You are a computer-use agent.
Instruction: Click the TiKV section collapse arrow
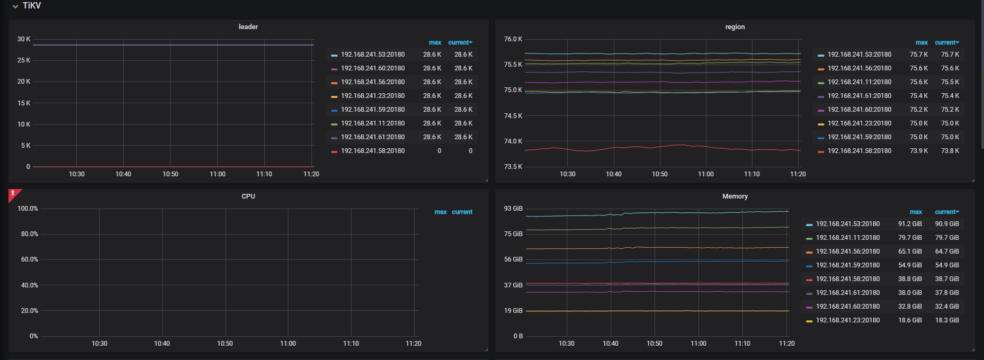(x=15, y=6)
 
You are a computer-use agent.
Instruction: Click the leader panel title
(x=248, y=27)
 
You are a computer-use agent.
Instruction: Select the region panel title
(x=735, y=27)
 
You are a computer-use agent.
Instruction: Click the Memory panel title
(x=735, y=196)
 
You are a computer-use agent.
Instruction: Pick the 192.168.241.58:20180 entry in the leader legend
(x=373, y=151)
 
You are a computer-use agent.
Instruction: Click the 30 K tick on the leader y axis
(x=24, y=39)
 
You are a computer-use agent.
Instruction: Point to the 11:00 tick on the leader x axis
(x=218, y=174)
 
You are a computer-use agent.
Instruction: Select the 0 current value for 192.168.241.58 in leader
(x=470, y=151)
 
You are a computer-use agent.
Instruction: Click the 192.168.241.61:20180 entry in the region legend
(x=860, y=96)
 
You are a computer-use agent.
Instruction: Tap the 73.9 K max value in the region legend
(x=919, y=151)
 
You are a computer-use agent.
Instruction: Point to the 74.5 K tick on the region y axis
(x=513, y=116)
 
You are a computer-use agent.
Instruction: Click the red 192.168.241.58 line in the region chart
(x=663, y=146)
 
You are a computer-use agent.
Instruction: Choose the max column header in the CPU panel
(x=441, y=212)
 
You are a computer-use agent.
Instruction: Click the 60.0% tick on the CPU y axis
(x=30, y=259)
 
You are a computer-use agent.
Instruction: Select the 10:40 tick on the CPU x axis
(x=162, y=344)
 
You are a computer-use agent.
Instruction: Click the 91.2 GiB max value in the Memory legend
(x=910, y=224)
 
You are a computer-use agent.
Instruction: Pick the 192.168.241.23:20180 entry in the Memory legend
(x=848, y=320)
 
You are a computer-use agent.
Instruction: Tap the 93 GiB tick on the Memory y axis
(x=513, y=209)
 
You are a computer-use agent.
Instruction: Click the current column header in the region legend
(x=947, y=42)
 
